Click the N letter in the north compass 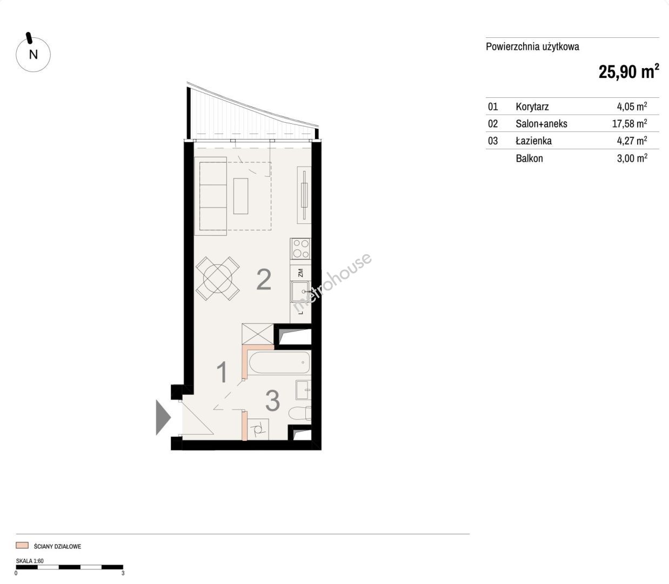pos(34,54)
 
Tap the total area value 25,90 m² pos(628,72)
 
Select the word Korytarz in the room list pos(532,107)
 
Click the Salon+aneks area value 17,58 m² pos(630,124)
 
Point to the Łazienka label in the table pos(533,141)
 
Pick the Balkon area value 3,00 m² pos(632,158)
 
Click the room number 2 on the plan pos(264,280)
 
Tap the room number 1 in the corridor pos(222,372)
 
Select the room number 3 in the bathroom pos(272,401)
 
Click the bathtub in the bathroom pos(279,362)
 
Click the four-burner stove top pos(300,249)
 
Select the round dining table pos(217,278)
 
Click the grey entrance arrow pos(163,417)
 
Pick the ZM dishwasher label pos(300,272)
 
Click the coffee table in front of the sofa pos(240,196)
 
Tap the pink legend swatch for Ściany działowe pos(22,546)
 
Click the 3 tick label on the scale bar pos(123,573)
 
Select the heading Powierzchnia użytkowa pos(532,47)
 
